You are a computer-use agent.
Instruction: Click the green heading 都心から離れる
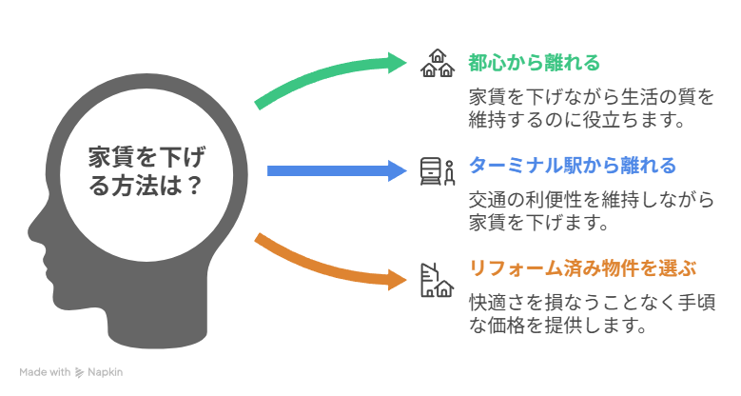pos(534,64)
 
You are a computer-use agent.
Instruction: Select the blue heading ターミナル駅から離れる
pos(572,167)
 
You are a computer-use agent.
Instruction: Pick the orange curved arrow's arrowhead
pos(397,279)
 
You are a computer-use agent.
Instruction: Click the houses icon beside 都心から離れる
pos(438,64)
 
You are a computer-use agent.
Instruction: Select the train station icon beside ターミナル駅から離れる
pos(438,170)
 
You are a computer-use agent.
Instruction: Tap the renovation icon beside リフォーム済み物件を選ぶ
pos(438,279)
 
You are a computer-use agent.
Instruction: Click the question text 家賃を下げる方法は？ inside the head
pos(145,170)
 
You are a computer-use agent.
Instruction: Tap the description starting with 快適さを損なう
pos(591,314)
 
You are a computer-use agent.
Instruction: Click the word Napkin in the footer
pos(107,372)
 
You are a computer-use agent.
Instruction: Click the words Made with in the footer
pos(45,372)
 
